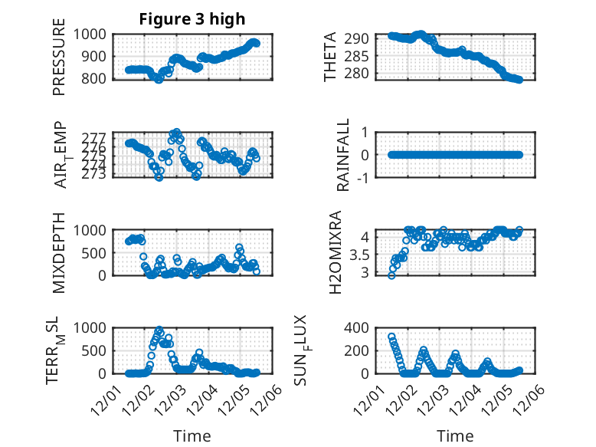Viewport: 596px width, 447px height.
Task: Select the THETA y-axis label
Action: tap(330, 56)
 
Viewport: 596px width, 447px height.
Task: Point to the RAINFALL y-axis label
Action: tap(344, 155)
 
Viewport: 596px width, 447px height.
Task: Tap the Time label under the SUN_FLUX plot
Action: tap(455, 435)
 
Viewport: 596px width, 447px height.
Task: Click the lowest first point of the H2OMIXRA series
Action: tap(391, 274)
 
